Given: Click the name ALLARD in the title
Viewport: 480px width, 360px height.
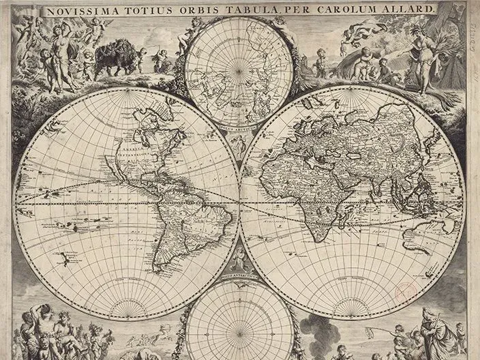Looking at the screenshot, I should coord(410,9).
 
